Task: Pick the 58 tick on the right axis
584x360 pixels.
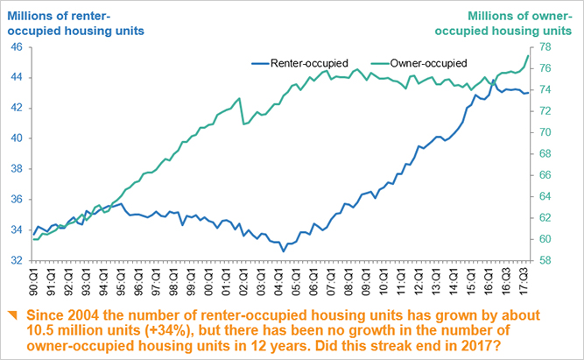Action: [x=545, y=260]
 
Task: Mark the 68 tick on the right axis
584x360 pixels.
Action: [x=545, y=154]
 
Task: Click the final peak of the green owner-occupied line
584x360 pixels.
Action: [x=528, y=56]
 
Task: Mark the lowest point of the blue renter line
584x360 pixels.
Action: [x=283, y=251]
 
